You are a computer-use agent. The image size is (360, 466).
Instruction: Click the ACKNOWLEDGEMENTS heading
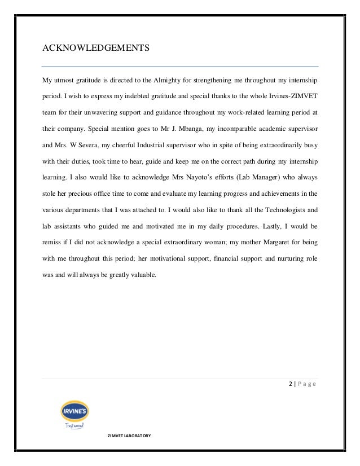pyautogui.click(x=96, y=48)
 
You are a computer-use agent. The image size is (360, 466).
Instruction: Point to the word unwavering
pyautogui.click(x=97, y=112)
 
